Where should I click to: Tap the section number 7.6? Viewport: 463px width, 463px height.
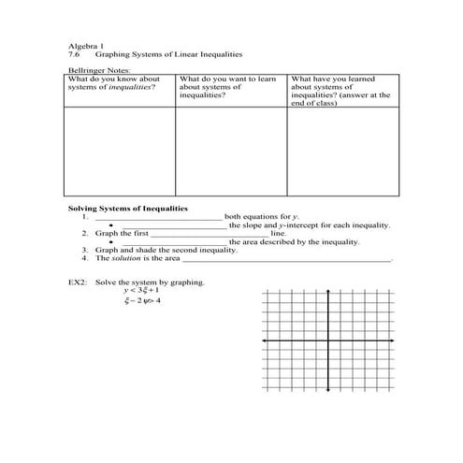tap(75, 54)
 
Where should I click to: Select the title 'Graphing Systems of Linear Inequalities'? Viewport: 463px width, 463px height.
tap(150, 54)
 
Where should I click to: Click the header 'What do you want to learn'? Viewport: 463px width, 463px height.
tap(226, 80)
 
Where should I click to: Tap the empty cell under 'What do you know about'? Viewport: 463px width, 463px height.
tap(119, 152)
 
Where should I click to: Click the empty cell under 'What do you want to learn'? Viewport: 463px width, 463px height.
tap(230, 152)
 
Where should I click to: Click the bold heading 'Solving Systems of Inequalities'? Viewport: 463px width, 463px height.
tap(128, 208)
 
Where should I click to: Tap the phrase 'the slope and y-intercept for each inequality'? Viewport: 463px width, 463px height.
tap(309, 225)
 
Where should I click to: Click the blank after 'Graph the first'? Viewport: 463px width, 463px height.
tap(210, 234)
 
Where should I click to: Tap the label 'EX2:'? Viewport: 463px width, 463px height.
tap(78, 282)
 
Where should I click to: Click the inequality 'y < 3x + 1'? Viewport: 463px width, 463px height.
tap(140, 291)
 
